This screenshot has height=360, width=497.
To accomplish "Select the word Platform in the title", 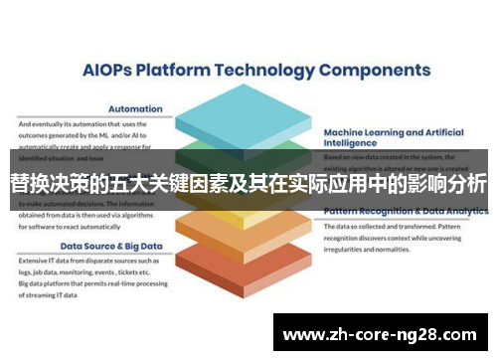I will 179,71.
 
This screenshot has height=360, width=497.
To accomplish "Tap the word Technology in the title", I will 279,71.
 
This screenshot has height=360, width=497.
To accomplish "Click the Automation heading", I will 136,109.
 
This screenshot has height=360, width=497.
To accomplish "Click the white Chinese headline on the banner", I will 248,184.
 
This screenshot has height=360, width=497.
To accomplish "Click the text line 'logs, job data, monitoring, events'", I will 84,270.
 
